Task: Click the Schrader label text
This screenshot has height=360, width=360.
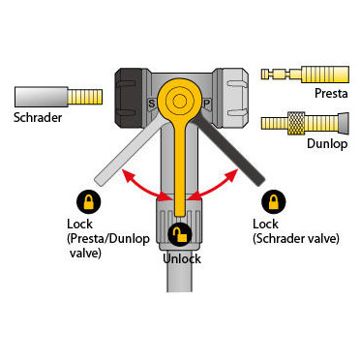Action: click(38, 117)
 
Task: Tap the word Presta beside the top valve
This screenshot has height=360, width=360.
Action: click(331, 93)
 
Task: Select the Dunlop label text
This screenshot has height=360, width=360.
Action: click(327, 143)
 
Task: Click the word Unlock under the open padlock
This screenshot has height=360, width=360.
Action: click(182, 258)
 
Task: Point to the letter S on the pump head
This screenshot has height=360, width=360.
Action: click(151, 104)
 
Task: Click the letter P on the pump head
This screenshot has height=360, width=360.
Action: click(207, 104)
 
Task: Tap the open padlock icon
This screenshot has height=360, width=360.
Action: click(180, 234)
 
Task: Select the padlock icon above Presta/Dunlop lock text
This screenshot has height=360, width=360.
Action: click(89, 201)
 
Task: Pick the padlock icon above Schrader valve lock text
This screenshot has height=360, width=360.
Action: click(274, 201)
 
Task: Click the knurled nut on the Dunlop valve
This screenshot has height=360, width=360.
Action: click(296, 124)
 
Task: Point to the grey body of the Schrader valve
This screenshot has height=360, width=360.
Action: click(41, 97)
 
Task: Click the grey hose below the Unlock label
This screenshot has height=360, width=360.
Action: click(179, 278)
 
